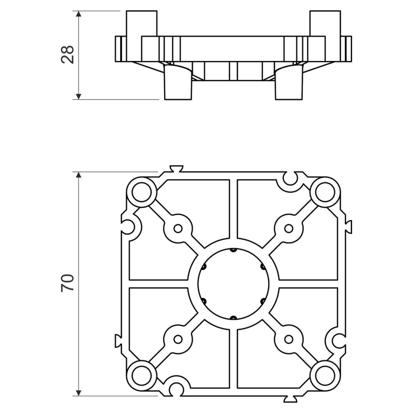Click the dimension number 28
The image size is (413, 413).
[x=67, y=54]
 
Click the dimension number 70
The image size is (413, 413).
[x=67, y=283]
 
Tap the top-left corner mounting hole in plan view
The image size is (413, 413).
[x=142, y=192]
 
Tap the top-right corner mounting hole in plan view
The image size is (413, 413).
[x=325, y=192]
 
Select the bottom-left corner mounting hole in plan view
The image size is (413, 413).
[x=142, y=375]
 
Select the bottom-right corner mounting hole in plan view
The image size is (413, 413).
[x=325, y=375]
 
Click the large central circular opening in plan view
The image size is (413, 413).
[x=234, y=284]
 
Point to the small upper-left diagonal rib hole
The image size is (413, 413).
[x=178, y=228]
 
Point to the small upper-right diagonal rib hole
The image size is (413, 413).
[x=289, y=228]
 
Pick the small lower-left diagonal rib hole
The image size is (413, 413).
[x=178, y=339]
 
